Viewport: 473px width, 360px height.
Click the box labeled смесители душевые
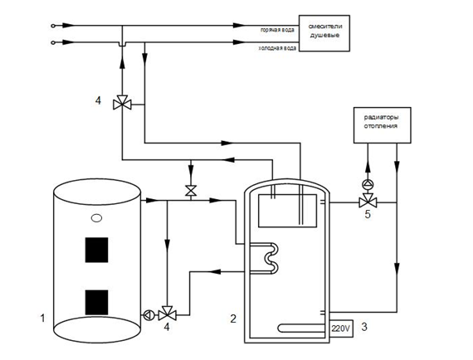click(x=324, y=33)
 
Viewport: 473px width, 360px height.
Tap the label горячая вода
click(x=277, y=30)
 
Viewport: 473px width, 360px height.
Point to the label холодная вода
click(x=277, y=48)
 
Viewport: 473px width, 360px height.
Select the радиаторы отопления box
click(x=383, y=124)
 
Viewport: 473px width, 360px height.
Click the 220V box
click(x=342, y=328)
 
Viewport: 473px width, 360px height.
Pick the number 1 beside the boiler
click(x=42, y=318)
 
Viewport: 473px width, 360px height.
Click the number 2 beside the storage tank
click(x=233, y=319)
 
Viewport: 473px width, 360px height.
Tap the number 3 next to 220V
click(x=364, y=327)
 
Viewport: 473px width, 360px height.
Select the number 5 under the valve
click(x=368, y=214)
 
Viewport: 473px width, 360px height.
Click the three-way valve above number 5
click(x=368, y=201)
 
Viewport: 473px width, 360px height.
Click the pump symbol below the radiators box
click(x=368, y=184)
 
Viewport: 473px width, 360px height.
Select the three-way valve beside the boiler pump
click(x=168, y=314)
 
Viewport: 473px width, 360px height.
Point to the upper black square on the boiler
click(x=96, y=250)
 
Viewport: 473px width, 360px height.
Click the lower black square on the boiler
click(x=96, y=303)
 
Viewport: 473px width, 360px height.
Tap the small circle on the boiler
click(x=96, y=218)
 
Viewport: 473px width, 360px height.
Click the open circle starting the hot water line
click(x=53, y=26)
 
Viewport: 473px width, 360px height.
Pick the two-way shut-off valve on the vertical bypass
click(x=191, y=191)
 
